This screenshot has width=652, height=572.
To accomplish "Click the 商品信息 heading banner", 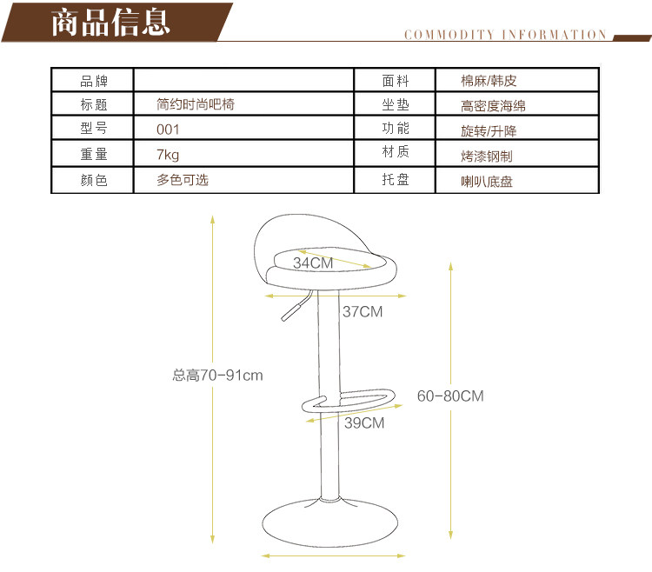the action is [x=110, y=22].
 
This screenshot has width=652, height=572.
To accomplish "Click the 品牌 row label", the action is [x=93, y=81].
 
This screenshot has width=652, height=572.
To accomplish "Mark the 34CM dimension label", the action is [x=313, y=263].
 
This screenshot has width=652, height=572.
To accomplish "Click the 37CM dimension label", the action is [x=362, y=311].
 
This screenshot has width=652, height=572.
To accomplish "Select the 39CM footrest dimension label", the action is [x=363, y=423].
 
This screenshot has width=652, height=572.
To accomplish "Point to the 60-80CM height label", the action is [x=450, y=396].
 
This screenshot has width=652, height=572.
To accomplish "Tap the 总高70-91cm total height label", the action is [x=217, y=376].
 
